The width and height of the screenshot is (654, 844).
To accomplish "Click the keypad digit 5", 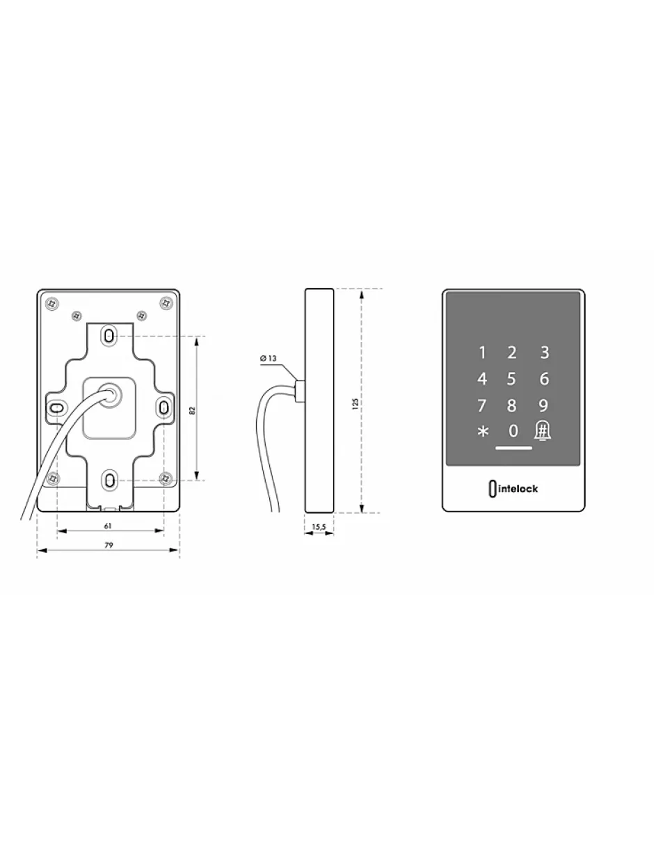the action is tap(511, 379).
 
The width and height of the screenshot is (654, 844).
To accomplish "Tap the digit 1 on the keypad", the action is tap(482, 352).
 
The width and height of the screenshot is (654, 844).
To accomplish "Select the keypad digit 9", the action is tap(543, 405).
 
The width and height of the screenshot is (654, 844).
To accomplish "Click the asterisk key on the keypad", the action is tap(483, 432).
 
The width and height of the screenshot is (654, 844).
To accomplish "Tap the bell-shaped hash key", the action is tap(543, 430).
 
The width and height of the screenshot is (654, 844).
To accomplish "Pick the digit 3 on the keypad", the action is tap(545, 352).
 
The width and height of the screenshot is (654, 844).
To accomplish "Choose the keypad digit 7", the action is tap(482, 405).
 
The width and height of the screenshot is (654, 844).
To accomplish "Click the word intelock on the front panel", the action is tap(518, 489).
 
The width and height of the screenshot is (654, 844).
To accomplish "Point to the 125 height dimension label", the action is tap(355, 404).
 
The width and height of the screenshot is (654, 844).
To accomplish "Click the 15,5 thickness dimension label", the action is tap(319, 527).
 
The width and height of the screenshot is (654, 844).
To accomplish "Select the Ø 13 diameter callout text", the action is tap(268, 358).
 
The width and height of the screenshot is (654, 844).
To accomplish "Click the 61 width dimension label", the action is tap(108, 526).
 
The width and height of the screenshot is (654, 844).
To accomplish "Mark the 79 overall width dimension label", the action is tap(109, 545).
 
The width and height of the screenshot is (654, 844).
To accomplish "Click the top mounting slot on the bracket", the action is tap(110, 335).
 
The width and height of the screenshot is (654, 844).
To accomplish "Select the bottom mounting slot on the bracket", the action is tap(111, 480).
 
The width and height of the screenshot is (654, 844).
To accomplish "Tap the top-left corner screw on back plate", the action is tap(52, 303).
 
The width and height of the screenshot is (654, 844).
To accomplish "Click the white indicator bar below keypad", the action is tap(513, 448).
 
